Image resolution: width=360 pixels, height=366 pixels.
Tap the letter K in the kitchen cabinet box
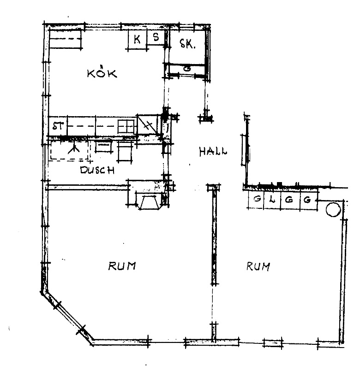137,39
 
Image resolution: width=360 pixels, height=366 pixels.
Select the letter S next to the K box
156,37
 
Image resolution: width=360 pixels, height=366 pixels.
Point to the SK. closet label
187,43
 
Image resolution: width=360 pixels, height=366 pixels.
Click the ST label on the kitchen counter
58,126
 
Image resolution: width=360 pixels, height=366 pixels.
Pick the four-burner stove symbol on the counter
126,126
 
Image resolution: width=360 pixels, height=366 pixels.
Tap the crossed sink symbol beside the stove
147,125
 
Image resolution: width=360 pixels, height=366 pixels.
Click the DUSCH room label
97,170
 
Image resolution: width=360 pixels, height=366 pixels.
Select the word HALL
213,152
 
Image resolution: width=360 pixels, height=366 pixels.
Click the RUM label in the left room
122,266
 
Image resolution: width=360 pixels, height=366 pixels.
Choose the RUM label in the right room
258,266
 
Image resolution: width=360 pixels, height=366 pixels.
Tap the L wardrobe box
272,200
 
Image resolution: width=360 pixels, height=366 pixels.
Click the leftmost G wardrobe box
256,200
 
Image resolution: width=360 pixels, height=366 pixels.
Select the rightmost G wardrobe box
308,200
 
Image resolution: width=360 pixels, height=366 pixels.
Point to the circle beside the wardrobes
333,210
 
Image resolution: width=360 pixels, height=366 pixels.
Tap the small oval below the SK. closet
187,69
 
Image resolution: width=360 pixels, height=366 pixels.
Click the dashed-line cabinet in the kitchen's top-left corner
66,39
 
